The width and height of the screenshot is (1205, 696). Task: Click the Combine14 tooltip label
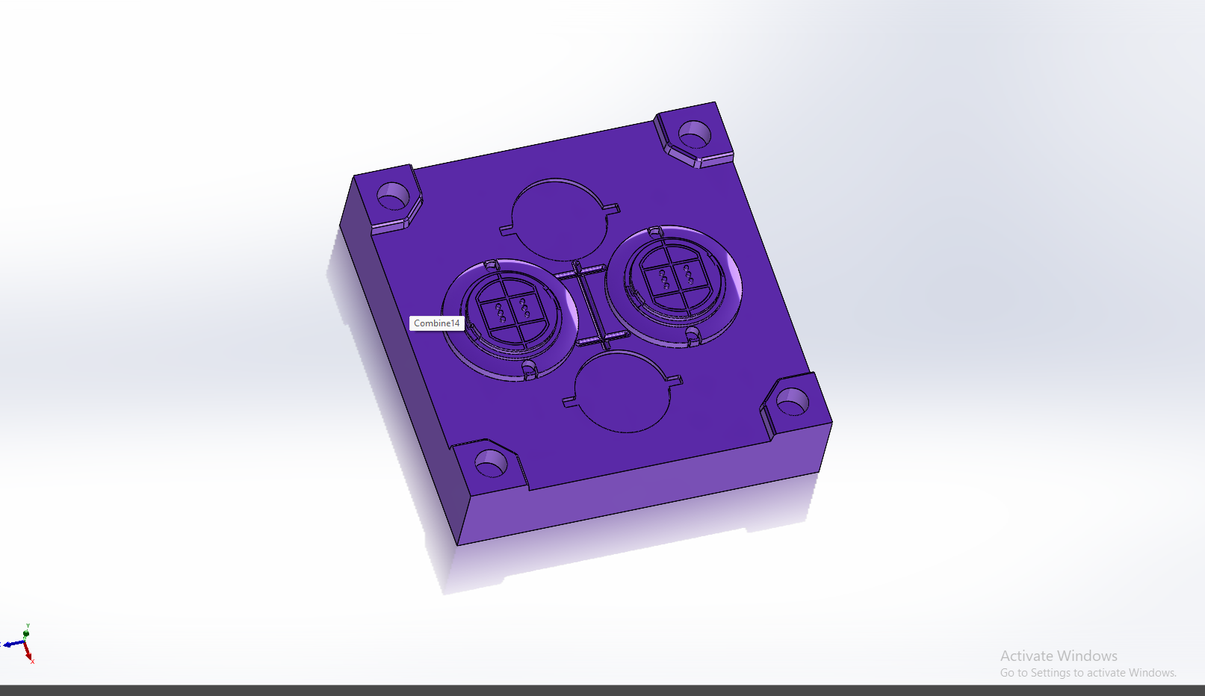(x=436, y=323)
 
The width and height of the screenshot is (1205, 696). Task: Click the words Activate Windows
(x=1059, y=656)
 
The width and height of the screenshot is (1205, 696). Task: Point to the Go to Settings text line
(x=1088, y=673)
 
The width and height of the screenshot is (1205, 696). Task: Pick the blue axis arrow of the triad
(x=13, y=643)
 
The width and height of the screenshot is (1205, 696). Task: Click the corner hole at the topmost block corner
(x=695, y=134)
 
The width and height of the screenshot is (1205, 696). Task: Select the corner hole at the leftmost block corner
(x=393, y=196)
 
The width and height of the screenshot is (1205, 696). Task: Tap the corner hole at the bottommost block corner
(x=491, y=463)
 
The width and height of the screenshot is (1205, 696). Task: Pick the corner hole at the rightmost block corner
(x=793, y=402)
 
